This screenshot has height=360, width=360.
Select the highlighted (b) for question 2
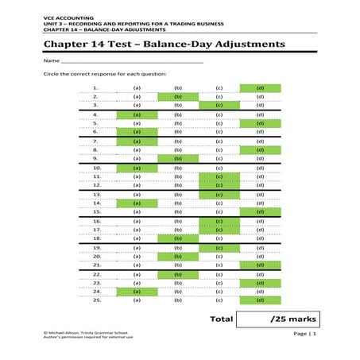point(178,96)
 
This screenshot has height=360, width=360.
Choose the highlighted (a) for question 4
point(137,115)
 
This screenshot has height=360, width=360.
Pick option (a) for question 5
point(137,124)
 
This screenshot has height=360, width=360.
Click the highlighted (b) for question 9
point(178,158)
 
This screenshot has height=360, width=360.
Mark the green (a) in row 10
point(137,168)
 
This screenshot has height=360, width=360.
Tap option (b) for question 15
point(178,212)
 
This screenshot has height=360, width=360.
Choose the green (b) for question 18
point(178,238)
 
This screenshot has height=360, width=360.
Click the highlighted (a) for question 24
point(137,292)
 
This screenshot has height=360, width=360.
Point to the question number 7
point(95,141)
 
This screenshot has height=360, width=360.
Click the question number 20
point(95,257)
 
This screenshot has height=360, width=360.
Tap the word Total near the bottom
point(221,319)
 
